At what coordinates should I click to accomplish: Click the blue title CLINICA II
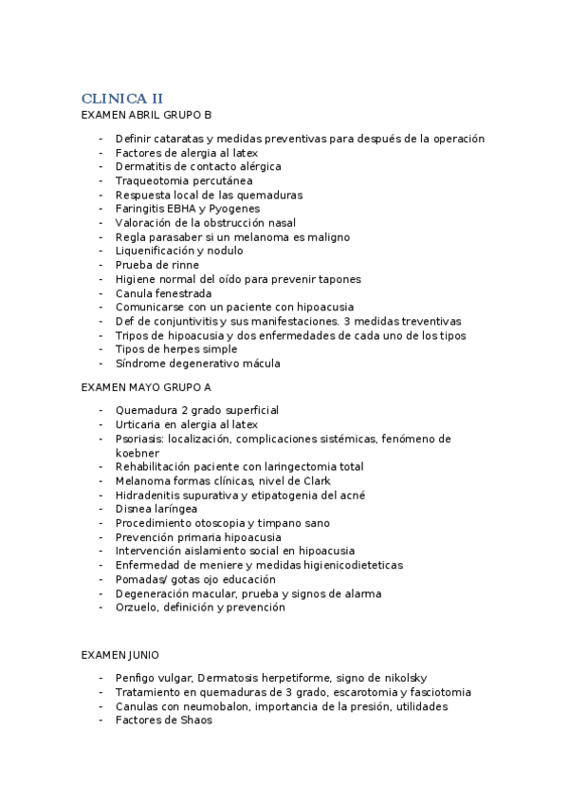click(122, 99)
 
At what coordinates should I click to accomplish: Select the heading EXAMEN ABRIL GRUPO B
click(146, 115)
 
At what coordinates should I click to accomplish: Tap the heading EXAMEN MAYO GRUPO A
click(146, 387)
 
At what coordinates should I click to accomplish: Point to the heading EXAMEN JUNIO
click(120, 655)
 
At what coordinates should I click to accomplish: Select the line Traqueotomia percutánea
click(184, 180)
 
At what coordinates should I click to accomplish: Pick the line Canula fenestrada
click(163, 293)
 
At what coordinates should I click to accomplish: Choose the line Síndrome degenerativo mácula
click(197, 364)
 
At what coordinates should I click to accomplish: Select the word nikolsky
click(397, 678)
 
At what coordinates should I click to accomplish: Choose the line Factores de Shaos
click(163, 721)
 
